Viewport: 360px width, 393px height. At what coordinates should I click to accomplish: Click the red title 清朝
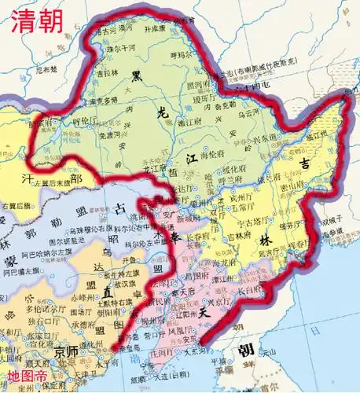(35, 20)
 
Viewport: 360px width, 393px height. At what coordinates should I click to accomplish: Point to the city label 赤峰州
(83, 299)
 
